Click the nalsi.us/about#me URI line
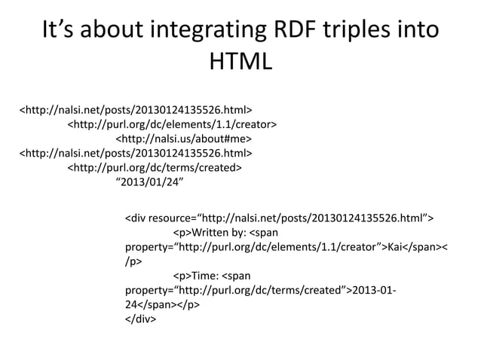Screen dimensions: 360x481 (183, 139)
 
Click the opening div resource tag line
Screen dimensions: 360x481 (279, 219)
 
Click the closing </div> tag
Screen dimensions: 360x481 (140, 319)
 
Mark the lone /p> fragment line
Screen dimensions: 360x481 (133, 262)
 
